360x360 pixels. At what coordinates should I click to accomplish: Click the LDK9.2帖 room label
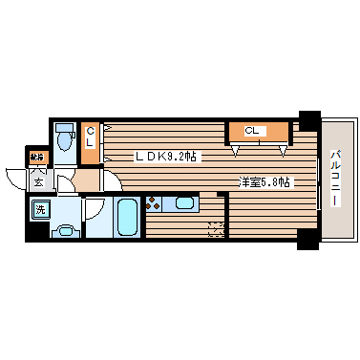coord(166,156)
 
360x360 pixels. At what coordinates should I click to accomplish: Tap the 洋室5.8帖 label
coord(265,182)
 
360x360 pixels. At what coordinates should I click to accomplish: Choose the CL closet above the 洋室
coord(256,131)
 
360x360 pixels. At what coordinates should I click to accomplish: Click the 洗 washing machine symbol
coord(41,209)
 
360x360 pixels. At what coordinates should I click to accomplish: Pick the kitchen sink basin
coord(183,202)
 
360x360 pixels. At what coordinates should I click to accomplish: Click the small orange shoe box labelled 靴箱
coord(36,156)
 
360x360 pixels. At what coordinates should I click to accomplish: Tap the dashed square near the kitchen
coord(216,227)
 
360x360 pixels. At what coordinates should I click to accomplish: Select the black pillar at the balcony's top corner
coord(307,119)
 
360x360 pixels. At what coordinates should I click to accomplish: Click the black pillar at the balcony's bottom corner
coord(307,240)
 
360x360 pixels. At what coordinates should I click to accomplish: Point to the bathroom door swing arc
coord(95,207)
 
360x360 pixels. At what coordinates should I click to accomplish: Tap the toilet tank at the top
coord(64,128)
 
